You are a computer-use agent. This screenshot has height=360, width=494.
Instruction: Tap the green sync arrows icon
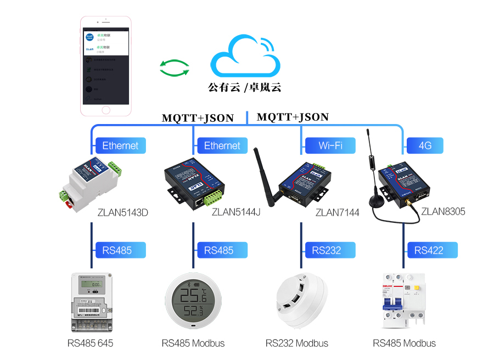click(x=174, y=68)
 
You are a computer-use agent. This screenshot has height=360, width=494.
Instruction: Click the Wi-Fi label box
click(x=330, y=145)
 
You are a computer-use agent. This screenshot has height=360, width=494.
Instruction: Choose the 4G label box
click(x=424, y=145)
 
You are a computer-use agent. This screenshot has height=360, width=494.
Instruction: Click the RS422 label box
click(x=433, y=250)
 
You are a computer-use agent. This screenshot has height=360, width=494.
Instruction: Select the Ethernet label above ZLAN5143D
click(x=120, y=145)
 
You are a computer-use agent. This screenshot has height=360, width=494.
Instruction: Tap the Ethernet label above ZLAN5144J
click(x=222, y=145)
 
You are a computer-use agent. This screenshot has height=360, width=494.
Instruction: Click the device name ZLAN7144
click(x=337, y=212)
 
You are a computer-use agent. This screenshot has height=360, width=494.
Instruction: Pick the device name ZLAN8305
click(x=443, y=211)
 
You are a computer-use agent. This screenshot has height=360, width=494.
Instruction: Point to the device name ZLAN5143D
click(x=123, y=212)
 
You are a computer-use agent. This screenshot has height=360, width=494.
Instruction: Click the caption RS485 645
click(x=91, y=344)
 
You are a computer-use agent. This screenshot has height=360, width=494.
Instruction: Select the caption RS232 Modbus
click(x=296, y=344)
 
